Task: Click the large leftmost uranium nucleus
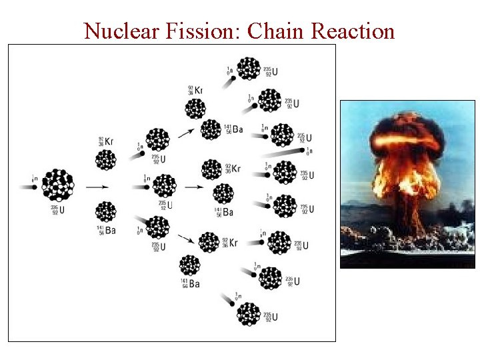coord(58,185)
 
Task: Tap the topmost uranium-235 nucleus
coord(249,68)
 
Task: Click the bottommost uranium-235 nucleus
coord(249,313)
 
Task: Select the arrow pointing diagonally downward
coord(188,240)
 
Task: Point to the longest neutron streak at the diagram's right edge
coord(287,153)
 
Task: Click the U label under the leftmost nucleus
coord(55,211)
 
